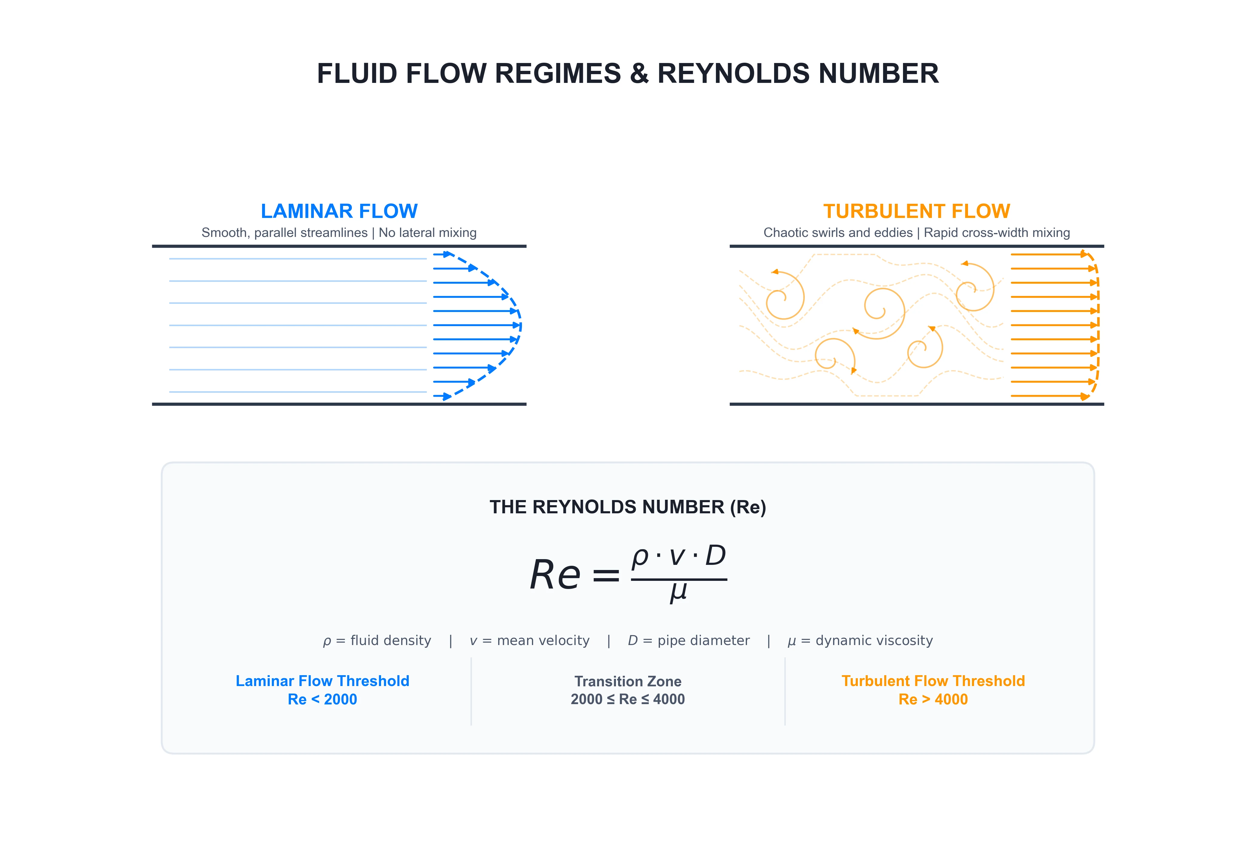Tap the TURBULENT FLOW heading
pyautogui.click(x=917, y=211)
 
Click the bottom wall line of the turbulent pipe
pyautogui.click(x=917, y=404)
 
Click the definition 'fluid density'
pyautogui.click(x=391, y=641)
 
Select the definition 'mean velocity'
pyautogui.click(x=543, y=641)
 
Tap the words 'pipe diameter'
pyautogui.click(x=704, y=641)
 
